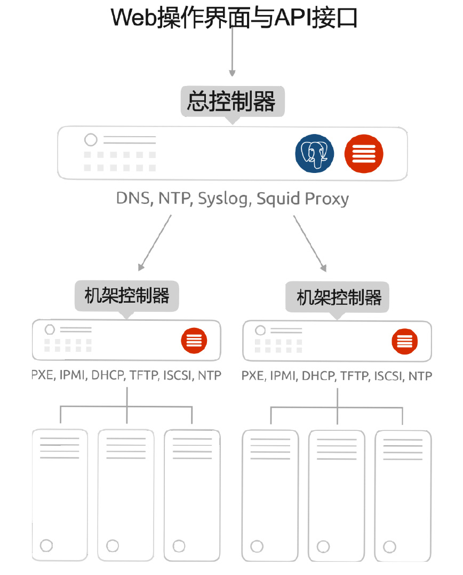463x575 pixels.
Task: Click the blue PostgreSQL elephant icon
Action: [315, 153]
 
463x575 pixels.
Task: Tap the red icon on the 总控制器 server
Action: [364, 153]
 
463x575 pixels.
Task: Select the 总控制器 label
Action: [232, 101]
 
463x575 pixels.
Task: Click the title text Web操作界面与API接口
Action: [234, 17]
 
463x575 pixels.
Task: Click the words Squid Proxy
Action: [302, 199]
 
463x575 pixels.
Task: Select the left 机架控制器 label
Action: [127, 295]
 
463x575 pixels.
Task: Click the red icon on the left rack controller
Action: [194, 340]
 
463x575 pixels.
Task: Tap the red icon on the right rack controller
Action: [404, 341]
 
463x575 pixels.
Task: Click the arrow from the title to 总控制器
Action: [232, 53]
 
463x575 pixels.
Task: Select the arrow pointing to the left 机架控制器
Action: [155, 243]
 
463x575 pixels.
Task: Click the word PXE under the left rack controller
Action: [42, 375]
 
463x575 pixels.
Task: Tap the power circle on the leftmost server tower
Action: [46, 545]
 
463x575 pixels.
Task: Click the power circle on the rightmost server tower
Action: [389, 547]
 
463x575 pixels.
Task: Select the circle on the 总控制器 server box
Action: [91, 140]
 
